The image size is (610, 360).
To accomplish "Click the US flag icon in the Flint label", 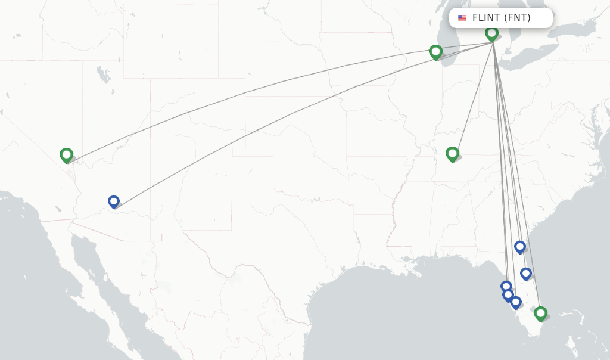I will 462,18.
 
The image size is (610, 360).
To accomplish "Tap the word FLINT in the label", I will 486,18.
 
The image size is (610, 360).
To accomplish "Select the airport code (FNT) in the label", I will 517,18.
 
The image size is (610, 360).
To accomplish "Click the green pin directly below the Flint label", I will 491,33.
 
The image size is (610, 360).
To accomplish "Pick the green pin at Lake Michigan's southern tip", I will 436,52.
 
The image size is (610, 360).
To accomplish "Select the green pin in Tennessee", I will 453,154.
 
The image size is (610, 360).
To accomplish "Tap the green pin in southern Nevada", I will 67,155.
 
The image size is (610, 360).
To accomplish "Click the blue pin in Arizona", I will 114,201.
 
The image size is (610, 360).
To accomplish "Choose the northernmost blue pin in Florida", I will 520,246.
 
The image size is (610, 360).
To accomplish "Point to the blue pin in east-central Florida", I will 526,273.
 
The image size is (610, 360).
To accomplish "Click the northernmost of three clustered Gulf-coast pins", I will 506,287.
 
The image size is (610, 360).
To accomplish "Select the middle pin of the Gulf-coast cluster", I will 508,294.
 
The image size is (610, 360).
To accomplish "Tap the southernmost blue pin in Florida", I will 516,302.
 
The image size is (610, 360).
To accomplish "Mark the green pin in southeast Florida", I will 540,313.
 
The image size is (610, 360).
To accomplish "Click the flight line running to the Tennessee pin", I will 474,95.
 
